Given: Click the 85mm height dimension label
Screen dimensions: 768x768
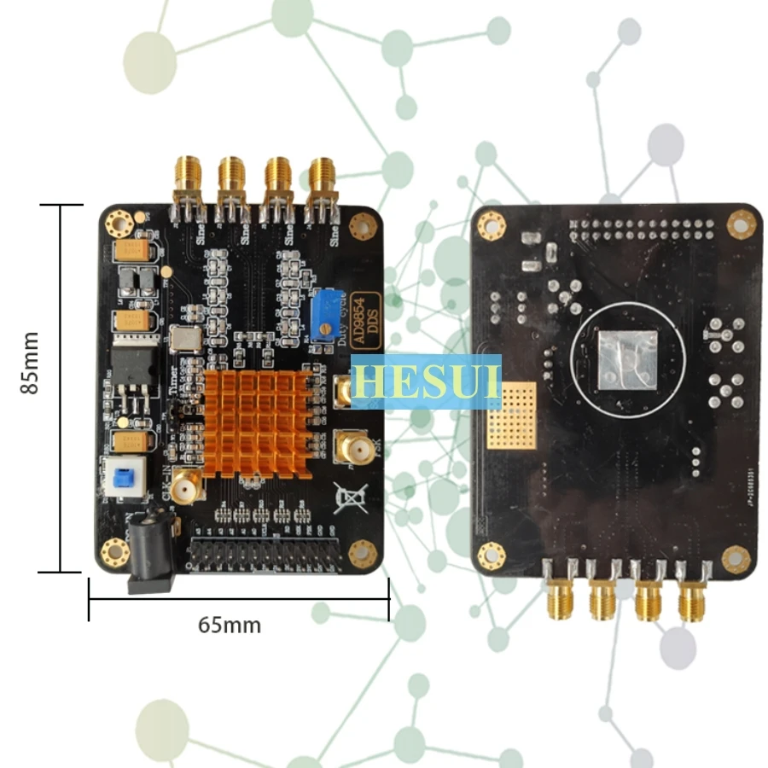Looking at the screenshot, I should (31, 363).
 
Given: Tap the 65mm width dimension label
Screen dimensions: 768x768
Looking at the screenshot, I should (230, 625).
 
